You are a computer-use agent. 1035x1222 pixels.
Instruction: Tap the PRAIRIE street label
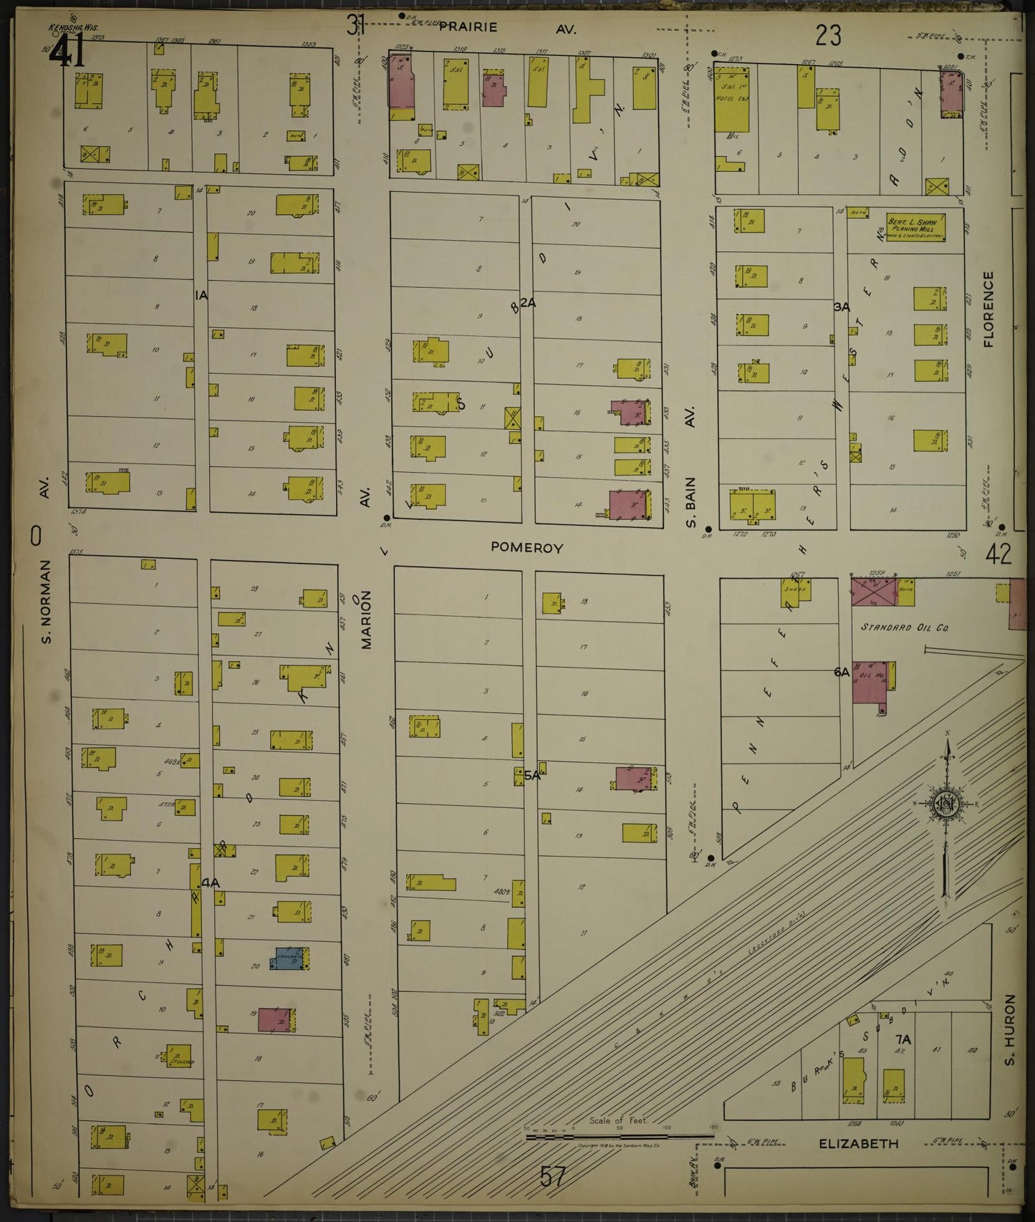(468, 27)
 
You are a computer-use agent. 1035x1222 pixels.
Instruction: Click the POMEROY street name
(526, 547)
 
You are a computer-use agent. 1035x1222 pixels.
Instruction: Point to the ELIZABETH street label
(858, 1143)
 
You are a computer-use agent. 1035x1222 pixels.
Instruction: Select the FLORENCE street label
(988, 309)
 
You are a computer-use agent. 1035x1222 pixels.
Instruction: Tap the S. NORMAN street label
(46, 601)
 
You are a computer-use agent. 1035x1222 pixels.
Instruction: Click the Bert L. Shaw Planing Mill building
(915, 227)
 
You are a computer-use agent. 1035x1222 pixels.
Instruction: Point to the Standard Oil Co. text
(904, 627)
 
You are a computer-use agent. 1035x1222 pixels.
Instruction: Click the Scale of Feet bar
(620, 1136)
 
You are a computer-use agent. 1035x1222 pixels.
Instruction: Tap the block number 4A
(210, 883)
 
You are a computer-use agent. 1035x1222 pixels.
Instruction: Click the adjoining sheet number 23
(827, 34)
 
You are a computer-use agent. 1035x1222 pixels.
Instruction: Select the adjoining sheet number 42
(998, 554)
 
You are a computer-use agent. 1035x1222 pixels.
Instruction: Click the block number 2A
(528, 303)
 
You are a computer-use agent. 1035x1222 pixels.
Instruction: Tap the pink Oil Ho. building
(870, 681)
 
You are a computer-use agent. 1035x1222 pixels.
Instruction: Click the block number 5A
(531, 775)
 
